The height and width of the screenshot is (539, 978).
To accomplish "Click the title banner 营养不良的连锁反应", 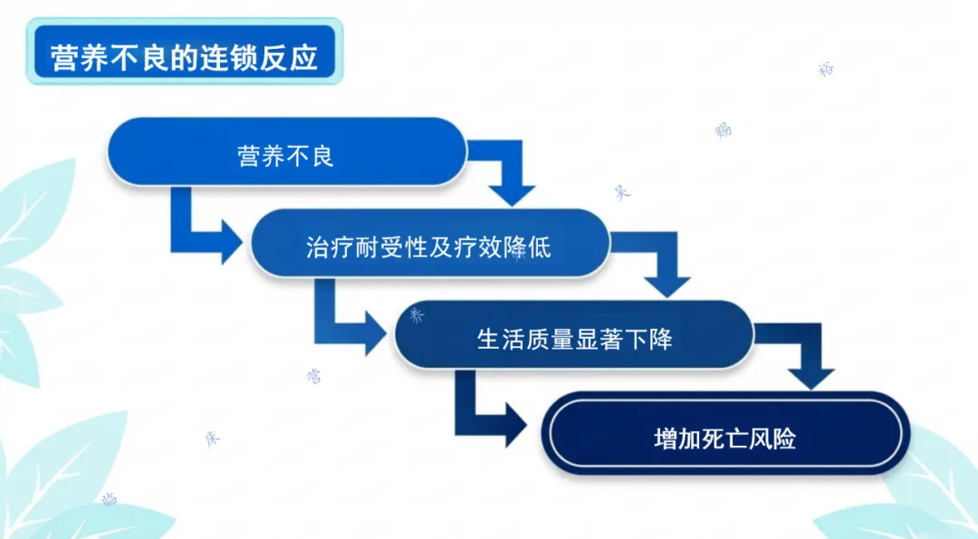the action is (184, 56).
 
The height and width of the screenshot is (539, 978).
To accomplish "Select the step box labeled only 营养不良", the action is (286, 155).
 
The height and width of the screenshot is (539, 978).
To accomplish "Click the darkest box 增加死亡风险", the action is (724, 438).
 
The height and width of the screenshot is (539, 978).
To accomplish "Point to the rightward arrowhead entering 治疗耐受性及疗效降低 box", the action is (231, 241).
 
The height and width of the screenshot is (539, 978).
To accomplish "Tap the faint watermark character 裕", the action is (825, 70).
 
